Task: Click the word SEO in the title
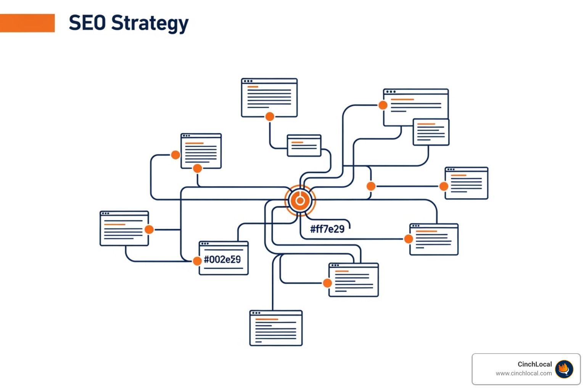click(87, 23)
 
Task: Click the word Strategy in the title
click(150, 24)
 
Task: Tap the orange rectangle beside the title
click(27, 23)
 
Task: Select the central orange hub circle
click(300, 200)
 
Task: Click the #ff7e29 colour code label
click(327, 229)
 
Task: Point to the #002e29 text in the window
click(222, 260)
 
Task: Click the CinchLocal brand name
click(535, 364)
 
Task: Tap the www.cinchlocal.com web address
click(524, 373)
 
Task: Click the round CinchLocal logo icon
click(564, 369)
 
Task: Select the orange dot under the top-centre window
click(270, 116)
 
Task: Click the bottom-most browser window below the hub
click(276, 328)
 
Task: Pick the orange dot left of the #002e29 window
click(197, 261)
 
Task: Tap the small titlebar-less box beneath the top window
click(304, 145)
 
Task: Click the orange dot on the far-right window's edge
click(444, 186)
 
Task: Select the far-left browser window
click(124, 228)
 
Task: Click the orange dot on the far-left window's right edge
click(149, 229)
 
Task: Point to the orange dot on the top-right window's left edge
click(383, 105)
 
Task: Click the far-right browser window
click(467, 183)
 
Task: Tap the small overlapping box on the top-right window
click(431, 132)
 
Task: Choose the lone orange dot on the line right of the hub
click(371, 186)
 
